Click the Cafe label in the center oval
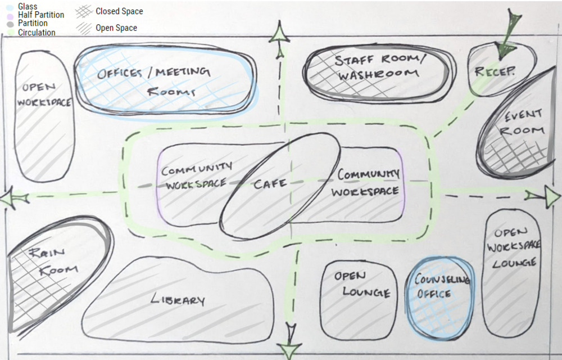pos(270,183)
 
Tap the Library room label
pos(178,300)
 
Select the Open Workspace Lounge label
pos(512,247)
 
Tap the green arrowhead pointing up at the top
pos(279,35)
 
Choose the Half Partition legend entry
pos(40,15)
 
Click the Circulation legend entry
pos(36,33)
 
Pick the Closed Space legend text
pos(119,11)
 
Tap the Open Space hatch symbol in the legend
pos(85,28)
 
